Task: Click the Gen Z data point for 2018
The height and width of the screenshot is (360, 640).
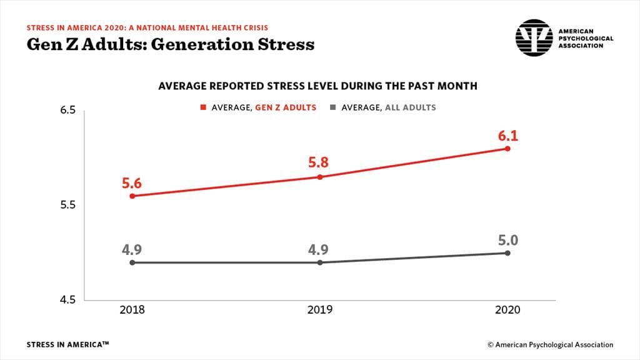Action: (x=132, y=196)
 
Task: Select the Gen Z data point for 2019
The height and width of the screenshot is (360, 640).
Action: (x=320, y=177)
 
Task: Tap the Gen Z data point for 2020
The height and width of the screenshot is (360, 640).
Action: (x=507, y=148)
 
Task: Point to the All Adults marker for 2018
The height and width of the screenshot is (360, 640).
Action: (x=132, y=262)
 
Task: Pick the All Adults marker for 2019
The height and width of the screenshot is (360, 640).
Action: (x=320, y=262)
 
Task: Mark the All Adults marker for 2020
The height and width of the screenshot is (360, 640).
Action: (x=507, y=253)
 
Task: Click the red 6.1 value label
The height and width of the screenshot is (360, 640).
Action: (x=507, y=134)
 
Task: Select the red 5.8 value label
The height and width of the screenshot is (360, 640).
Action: (x=319, y=163)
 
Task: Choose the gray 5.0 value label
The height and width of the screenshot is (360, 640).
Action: (x=507, y=240)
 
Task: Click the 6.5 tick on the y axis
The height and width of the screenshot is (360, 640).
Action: (x=67, y=111)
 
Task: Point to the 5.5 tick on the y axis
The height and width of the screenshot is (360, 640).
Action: (x=67, y=205)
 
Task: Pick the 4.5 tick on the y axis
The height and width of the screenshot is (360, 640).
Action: (x=67, y=300)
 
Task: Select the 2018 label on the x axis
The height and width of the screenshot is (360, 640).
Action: (x=132, y=311)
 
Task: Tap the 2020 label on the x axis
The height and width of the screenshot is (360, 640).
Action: (x=507, y=311)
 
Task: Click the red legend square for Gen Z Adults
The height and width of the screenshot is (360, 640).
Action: (x=203, y=107)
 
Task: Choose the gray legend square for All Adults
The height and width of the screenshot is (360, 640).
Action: (x=333, y=107)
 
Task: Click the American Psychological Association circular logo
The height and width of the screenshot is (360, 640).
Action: (x=534, y=37)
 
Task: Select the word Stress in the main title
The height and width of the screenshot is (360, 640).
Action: (x=284, y=44)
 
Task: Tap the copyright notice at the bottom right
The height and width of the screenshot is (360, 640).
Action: (x=550, y=344)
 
